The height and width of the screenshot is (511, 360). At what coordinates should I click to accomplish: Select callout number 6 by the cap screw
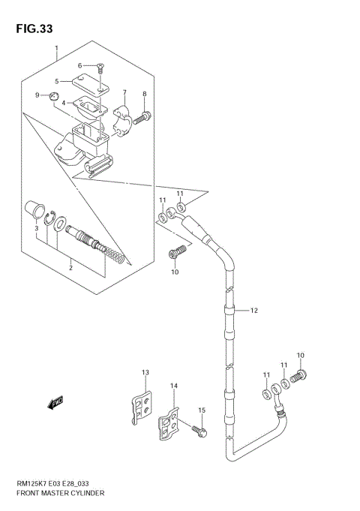(x=79, y=65)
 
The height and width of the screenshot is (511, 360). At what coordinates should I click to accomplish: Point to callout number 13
(x=145, y=372)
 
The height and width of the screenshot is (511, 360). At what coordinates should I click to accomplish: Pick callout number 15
(x=201, y=410)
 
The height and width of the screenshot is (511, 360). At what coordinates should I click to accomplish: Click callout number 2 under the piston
(x=70, y=267)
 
